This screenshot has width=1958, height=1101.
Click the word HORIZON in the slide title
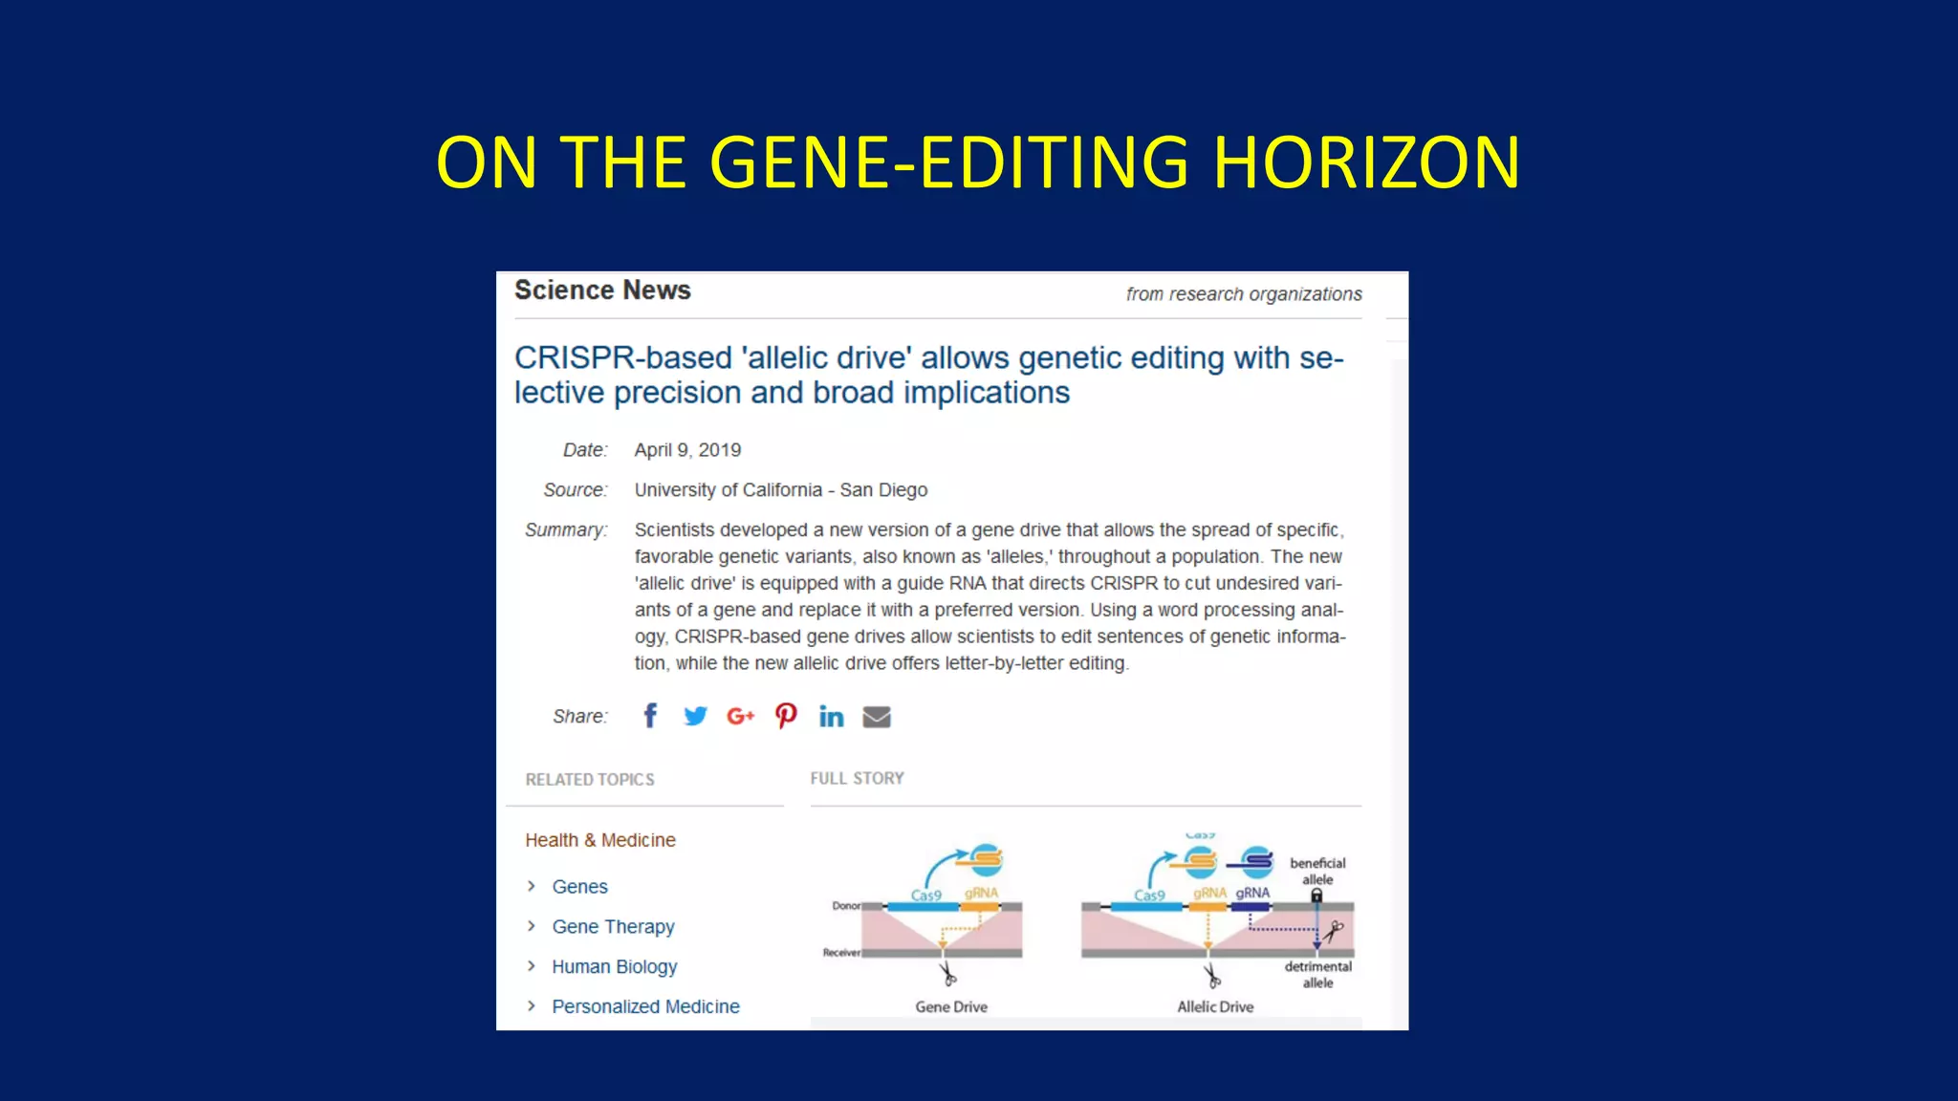pyautogui.click(x=1366, y=162)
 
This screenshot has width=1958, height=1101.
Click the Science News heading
pyautogui.click(x=602, y=291)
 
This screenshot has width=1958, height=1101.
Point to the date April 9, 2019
pyautogui.click(x=687, y=450)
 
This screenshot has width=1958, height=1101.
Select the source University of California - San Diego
pyautogui.click(x=780, y=490)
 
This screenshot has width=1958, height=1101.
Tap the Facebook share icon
pyautogui.click(x=650, y=716)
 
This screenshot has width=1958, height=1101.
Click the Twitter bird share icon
pyautogui.click(x=695, y=716)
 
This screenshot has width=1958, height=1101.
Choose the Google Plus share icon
pyautogui.click(x=740, y=716)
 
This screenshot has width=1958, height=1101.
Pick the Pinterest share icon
pyautogui.click(x=786, y=716)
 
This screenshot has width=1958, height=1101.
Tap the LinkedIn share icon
pyautogui.click(x=831, y=717)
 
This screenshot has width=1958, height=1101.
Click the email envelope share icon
pyautogui.click(x=877, y=717)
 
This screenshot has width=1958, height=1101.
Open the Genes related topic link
pyautogui.click(x=579, y=887)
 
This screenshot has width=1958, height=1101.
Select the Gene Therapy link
pyautogui.click(x=613, y=927)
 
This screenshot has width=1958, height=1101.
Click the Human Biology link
pyautogui.click(x=614, y=967)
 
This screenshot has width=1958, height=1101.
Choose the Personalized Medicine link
pyautogui.click(x=645, y=1007)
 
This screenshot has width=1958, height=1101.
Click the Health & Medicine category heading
pyautogui.click(x=600, y=840)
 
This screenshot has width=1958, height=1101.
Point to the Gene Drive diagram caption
pyautogui.click(x=951, y=1007)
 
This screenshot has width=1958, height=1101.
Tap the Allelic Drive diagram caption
pyautogui.click(x=1215, y=1007)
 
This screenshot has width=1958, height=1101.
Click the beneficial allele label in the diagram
pyautogui.click(x=1317, y=871)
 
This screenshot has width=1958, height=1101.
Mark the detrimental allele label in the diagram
pyautogui.click(x=1317, y=974)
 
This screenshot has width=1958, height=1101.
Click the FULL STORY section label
pyautogui.click(x=857, y=779)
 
